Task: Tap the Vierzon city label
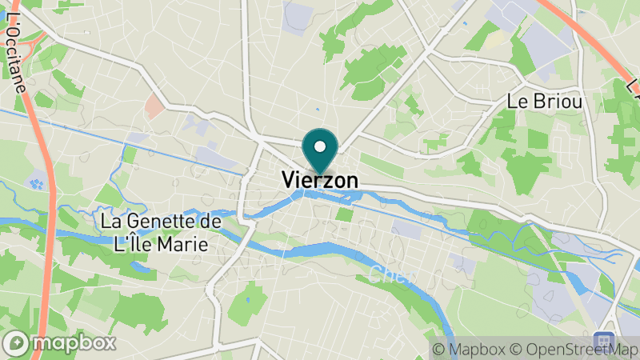(x=320, y=182)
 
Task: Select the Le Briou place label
(x=544, y=102)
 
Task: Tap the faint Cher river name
(x=392, y=276)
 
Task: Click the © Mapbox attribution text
(x=471, y=350)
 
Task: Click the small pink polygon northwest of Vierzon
(x=154, y=105)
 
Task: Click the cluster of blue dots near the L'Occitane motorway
(x=37, y=183)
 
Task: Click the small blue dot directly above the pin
(x=318, y=110)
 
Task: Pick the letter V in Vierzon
(x=289, y=182)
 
